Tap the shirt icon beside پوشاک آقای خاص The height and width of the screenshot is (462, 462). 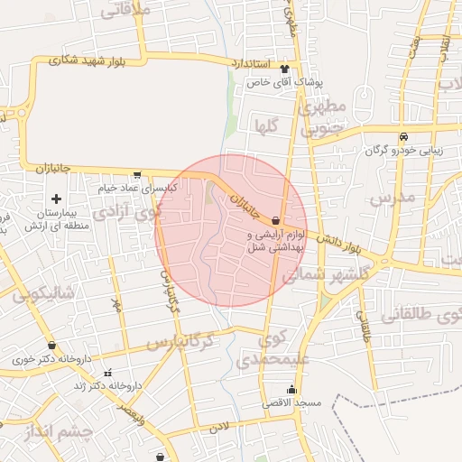pos(286,69)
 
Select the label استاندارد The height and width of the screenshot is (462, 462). pos(251,66)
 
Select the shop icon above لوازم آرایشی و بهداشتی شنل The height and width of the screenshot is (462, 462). pos(274,219)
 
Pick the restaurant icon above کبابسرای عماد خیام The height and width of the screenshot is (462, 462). pos(136,175)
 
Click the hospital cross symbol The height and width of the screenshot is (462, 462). pos(56,199)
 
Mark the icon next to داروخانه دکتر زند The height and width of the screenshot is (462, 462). pos(108,374)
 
